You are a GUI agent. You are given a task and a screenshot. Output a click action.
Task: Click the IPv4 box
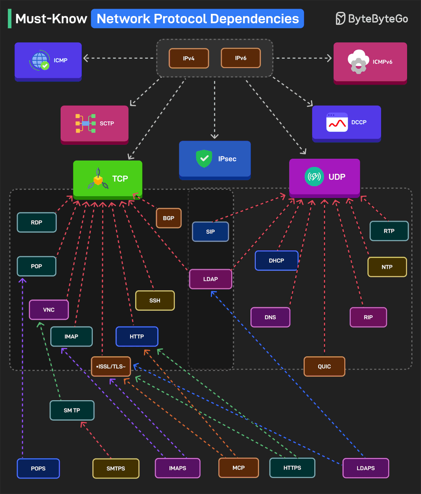(x=189, y=58)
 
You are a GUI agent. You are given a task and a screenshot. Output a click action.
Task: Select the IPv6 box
(x=241, y=58)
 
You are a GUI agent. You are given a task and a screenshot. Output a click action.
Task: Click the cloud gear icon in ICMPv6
(x=358, y=61)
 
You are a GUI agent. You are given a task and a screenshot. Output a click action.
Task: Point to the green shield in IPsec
(x=204, y=158)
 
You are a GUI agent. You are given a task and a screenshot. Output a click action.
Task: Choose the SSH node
(x=155, y=300)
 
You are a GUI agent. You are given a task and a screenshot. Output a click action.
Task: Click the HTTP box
(x=137, y=336)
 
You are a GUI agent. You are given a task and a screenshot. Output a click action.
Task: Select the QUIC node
(x=324, y=366)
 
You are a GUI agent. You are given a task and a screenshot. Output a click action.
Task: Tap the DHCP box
(x=277, y=261)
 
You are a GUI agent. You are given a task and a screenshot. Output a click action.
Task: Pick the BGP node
(x=169, y=218)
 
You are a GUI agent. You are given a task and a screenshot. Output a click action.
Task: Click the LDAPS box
(x=366, y=468)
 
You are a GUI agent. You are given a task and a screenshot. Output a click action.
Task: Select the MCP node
(x=239, y=468)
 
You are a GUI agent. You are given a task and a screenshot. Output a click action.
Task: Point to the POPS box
(x=38, y=468)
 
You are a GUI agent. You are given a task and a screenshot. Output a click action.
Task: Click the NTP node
(x=387, y=267)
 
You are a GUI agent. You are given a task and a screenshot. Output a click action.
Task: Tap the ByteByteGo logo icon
(x=340, y=19)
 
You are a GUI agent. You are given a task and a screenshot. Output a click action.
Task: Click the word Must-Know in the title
(x=51, y=19)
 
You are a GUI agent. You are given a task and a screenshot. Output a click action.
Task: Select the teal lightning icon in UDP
(x=314, y=177)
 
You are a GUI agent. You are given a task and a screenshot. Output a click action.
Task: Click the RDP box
(x=37, y=222)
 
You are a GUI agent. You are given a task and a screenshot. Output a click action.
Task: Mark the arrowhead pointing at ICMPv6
(x=329, y=58)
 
